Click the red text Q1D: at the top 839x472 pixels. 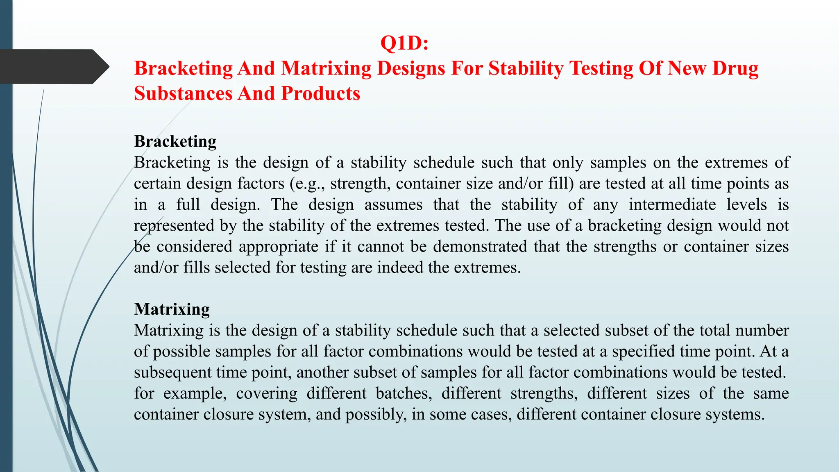(404, 43)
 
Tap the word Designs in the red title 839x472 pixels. (411, 68)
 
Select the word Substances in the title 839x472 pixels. (183, 94)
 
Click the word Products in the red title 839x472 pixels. (320, 94)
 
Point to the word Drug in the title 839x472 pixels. (735, 68)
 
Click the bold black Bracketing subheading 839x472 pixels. (175, 141)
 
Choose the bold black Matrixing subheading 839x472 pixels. (172, 309)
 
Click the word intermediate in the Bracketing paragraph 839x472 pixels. (672, 204)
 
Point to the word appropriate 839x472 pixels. (278, 247)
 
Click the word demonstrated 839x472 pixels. (480, 247)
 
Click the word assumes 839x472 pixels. (393, 204)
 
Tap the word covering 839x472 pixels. (267, 393)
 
